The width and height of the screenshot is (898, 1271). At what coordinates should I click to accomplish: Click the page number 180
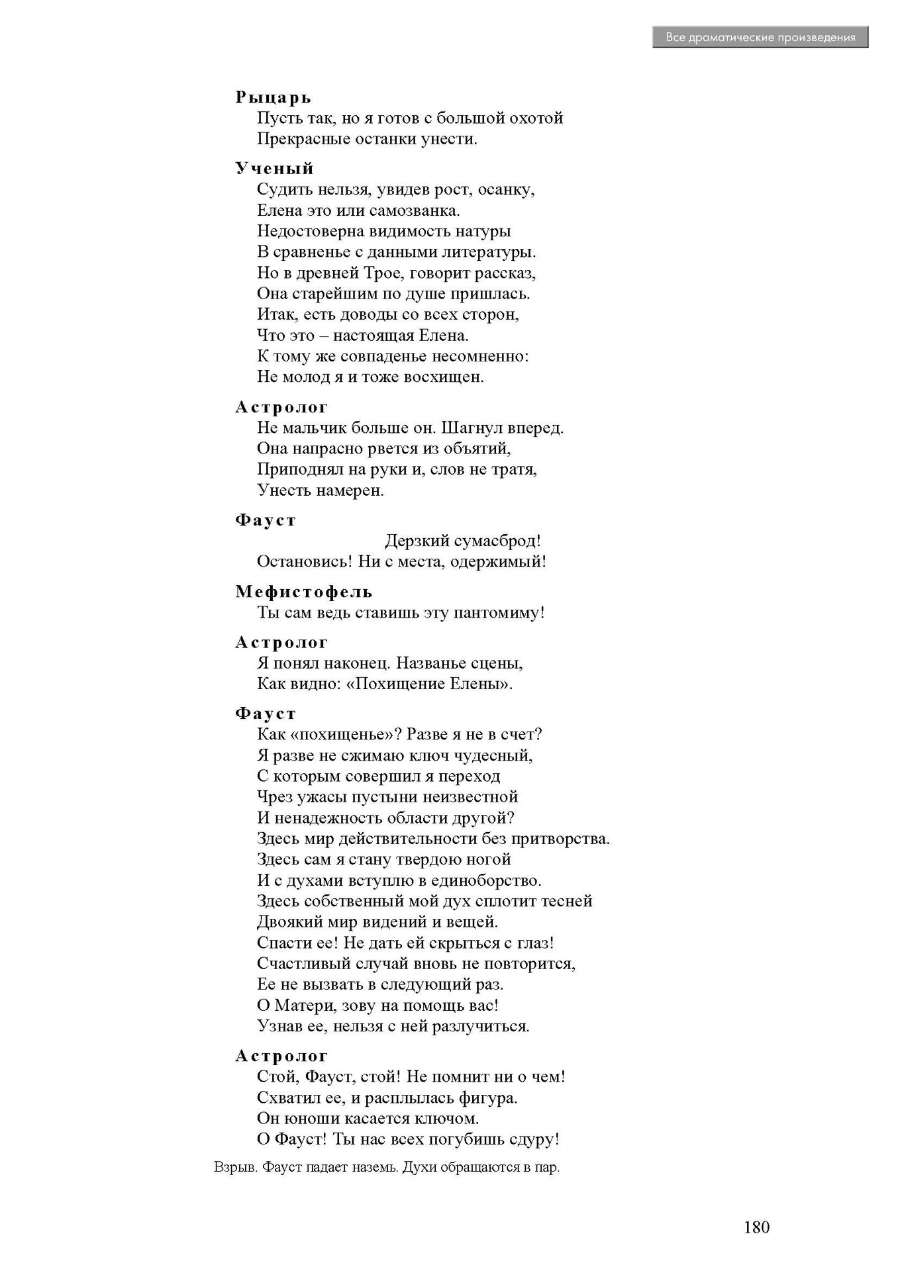(x=756, y=1227)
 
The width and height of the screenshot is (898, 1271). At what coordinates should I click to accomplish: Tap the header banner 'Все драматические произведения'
(x=760, y=38)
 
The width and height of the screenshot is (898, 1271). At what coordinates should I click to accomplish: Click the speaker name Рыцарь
(x=273, y=97)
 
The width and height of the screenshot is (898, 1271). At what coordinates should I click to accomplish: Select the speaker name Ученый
(x=274, y=168)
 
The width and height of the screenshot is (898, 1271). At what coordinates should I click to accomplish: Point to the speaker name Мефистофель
(x=304, y=591)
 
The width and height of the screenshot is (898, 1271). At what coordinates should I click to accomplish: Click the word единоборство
(x=485, y=880)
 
